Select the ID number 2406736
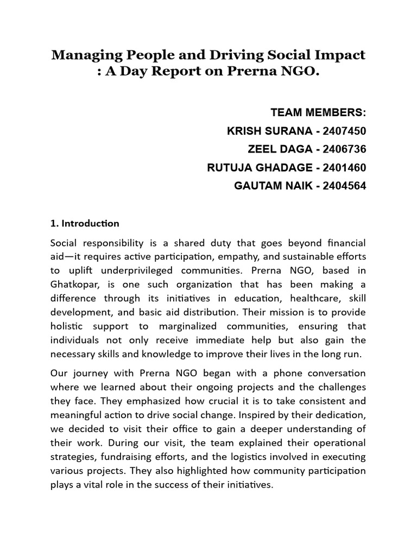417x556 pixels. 344,149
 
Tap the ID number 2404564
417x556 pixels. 344,186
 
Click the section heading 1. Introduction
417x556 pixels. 85,223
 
